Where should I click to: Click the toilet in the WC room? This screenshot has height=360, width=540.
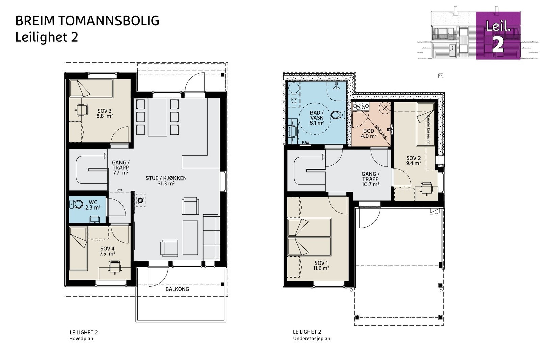tap(77, 204)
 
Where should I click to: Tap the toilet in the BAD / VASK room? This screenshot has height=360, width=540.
tap(336, 115)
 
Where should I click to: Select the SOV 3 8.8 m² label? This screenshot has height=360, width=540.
tap(104, 113)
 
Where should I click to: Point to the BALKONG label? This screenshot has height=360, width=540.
tap(177, 289)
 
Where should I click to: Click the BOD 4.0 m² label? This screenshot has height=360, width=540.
tap(369, 133)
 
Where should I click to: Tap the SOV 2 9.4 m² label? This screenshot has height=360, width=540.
tap(413, 160)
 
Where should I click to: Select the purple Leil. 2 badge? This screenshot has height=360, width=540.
tap(498, 36)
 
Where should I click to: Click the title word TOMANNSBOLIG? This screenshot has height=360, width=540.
tap(109, 21)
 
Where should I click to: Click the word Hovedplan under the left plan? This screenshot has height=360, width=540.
tap(81, 338)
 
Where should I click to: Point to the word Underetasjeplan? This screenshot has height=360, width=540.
tap(312, 338)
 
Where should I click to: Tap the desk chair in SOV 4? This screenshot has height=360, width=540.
tap(114, 267)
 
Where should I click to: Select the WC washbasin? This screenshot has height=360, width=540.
tap(95, 220)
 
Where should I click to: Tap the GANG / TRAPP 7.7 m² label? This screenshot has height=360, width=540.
tap(120, 167)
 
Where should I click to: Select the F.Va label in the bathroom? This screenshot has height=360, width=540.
tap(306, 143)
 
